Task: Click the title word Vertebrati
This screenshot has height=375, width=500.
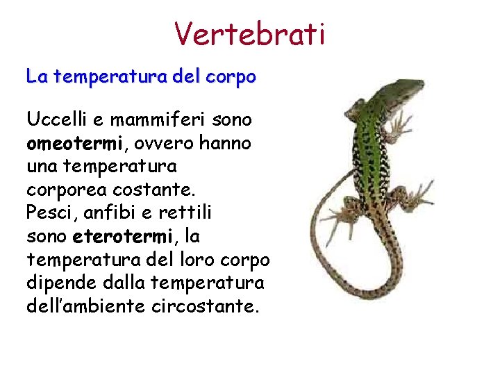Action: click(x=249, y=33)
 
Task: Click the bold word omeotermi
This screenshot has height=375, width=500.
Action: click(x=74, y=143)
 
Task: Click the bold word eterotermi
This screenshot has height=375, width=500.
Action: click(x=121, y=237)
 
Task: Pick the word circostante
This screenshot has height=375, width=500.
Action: click(x=204, y=306)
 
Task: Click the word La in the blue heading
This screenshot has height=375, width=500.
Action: click(x=36, y=76)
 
